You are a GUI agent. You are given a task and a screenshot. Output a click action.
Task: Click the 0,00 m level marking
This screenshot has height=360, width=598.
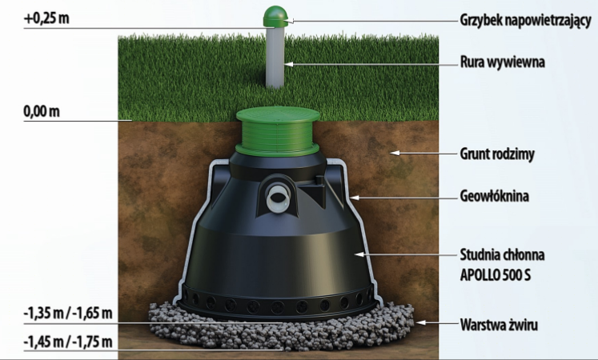42,110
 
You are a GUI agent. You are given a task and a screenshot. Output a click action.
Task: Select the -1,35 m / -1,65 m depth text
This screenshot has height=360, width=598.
68,312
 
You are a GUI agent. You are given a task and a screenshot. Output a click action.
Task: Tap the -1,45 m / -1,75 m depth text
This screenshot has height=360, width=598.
68,342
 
